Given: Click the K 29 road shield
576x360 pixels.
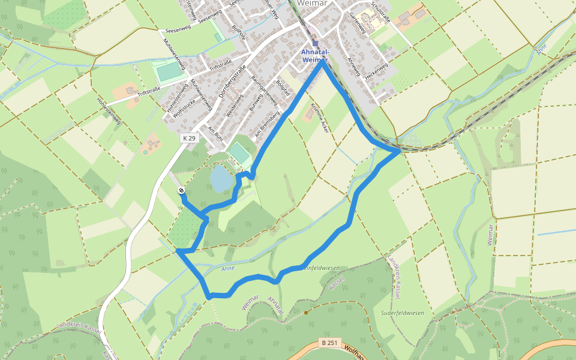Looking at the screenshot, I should pyautogui.click(x=189, y=138).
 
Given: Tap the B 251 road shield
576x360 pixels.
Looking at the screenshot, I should pyautogui.click(x=329, y=343).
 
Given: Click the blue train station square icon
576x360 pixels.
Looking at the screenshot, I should pyautogui.click(x=315, y=43).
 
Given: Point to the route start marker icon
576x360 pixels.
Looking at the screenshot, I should pyautogui.click(x=181, y=190).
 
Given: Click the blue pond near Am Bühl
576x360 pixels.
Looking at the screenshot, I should pyautogui.click(x=220, y=178).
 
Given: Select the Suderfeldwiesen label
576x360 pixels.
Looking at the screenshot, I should pyautogui.click(x=402, y=313).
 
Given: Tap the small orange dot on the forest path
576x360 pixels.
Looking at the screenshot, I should pyautogui.click(x=305, y=312).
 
